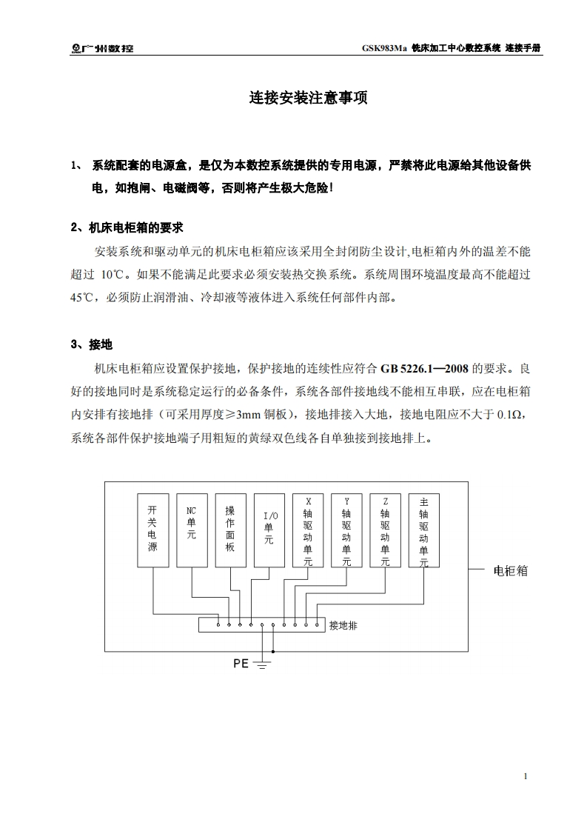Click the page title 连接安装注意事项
pyautogui.click(x=308, y=98)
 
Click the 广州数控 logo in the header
pyautogui.click(x=103, y=48)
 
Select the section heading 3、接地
pyautogui.click(x=91, y=344)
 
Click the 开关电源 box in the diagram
pyautogui.click(x=152, y=530)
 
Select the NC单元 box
pyautogui.click(x=191, y=530)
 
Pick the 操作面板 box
pyautogui.click(x=230, y=530)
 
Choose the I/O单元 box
pyautogui.click(x=269, y=530)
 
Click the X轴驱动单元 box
pyautogui.click(x=308, y=530)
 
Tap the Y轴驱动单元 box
pyautogui.click(x=346, y=530)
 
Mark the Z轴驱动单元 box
pyautogui.click(x=385, y=530)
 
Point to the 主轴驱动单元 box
pyautogui.click(x=423, y=530)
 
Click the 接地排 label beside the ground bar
pyautogui.click(x=343, y=626)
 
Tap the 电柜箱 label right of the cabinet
pyautogui.click(x=510, y=572)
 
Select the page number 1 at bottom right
pyautogui.click(x=525, y=776)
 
